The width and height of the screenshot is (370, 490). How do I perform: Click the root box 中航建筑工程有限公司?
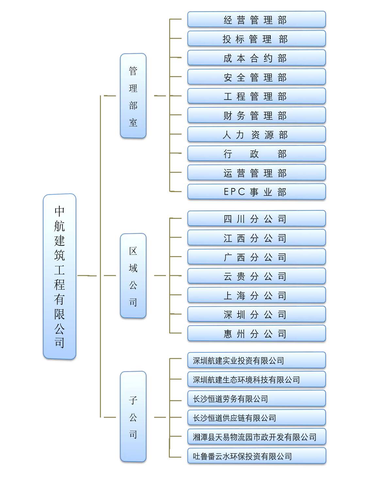[x=59, y=276]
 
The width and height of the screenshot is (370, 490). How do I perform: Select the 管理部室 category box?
[x=133, y=96]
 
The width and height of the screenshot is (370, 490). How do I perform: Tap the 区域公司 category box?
[x=133, y=275]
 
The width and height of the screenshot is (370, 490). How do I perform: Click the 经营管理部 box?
[x=256, y=19]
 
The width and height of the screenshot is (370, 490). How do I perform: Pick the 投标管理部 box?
[x=256, y=39]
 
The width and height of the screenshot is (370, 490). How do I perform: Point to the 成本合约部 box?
[x=256, y=58]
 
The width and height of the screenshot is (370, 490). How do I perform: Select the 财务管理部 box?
[x=256, y=115]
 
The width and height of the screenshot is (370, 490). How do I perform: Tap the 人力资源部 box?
[x=256, y=134]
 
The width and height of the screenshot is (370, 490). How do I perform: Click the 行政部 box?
[x=256, y=154]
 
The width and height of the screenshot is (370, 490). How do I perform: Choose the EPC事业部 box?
[x=256, y=192]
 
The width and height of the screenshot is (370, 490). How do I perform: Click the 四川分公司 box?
[x=256, y=219]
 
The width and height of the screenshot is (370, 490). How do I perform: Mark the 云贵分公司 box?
[x=256, y=276]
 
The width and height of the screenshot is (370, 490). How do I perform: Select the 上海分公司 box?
[x=256, y=295]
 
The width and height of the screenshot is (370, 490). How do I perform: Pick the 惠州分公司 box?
[x=256, y=334]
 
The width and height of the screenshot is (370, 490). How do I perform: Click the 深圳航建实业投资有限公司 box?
[x=256, y=360]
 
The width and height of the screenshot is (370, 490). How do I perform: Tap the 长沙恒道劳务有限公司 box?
[x=256, y=399]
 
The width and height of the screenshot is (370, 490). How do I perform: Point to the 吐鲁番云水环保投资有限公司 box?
[x=256, y=456]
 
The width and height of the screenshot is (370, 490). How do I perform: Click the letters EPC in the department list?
[x=234, y=192]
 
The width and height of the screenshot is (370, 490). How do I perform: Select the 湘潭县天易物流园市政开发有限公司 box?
[x=256, y=437]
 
